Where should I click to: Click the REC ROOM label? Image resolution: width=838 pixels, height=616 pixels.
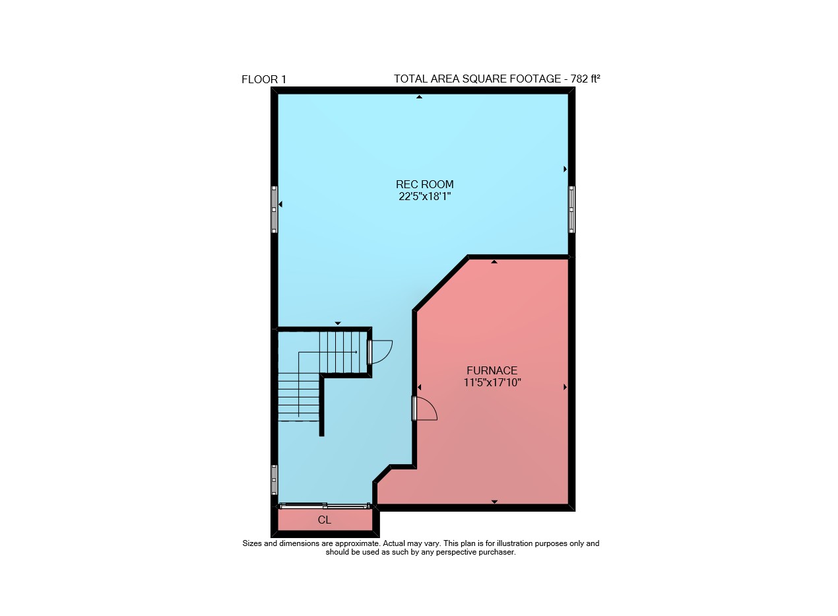tap(425, 184)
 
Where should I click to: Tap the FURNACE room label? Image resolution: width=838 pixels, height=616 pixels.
tap(492, 370)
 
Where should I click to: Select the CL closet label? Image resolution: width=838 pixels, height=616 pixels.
tap(325, 520)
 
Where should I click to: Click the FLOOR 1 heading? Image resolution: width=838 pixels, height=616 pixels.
tap(264, 79)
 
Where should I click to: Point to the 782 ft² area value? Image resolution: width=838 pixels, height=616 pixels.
tap(585, 79)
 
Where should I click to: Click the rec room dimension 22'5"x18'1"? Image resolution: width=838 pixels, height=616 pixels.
tap(425, 196)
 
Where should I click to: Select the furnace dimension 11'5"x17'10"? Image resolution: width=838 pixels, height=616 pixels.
tap(492, 382)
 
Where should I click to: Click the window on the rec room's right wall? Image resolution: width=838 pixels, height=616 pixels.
tap(572, 209)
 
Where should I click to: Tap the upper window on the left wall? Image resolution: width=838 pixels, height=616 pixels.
tap(274, 209)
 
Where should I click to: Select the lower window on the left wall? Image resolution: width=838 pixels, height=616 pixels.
tap(274, 480)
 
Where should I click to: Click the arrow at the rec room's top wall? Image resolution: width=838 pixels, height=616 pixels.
tap(420, 97)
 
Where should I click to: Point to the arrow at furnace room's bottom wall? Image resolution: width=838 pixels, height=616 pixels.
tap(494, 502)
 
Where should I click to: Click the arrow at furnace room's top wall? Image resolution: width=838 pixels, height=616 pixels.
tap(494, 262)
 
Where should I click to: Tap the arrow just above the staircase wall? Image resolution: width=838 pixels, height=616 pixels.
tap(338, 323)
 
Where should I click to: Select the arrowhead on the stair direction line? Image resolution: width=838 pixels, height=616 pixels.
tap(356, 352)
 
